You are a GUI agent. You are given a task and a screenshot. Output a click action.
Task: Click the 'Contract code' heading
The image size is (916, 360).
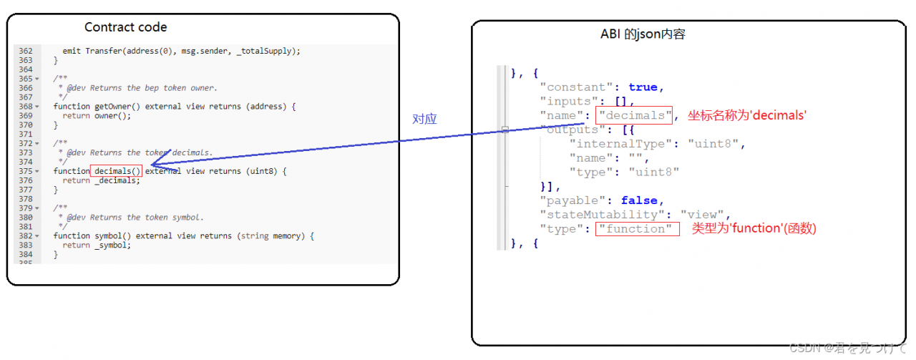pos(125,27)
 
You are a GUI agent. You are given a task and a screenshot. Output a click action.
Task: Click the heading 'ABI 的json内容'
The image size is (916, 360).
pos(644,35)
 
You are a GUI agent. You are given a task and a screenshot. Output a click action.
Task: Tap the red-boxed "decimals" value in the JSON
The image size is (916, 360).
pos(635,116)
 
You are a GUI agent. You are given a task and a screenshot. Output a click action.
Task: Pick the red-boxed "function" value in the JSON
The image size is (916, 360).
pos(635,229)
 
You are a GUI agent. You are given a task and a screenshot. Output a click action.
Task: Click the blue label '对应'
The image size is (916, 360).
pos(424,119)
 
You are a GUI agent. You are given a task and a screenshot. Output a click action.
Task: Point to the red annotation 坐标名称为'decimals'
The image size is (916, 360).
pos(747,115)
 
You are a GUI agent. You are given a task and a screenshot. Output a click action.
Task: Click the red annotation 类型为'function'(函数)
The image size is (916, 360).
pos(754,228)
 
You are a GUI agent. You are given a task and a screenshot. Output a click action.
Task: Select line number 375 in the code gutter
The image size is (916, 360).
pos(26,171)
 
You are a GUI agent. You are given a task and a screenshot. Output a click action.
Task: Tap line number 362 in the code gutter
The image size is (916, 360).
pos(26,51)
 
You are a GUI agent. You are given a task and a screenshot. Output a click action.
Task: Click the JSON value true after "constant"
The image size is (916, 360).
pos(643,87)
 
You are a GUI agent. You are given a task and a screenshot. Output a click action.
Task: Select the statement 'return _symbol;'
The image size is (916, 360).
pos(97,245)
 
